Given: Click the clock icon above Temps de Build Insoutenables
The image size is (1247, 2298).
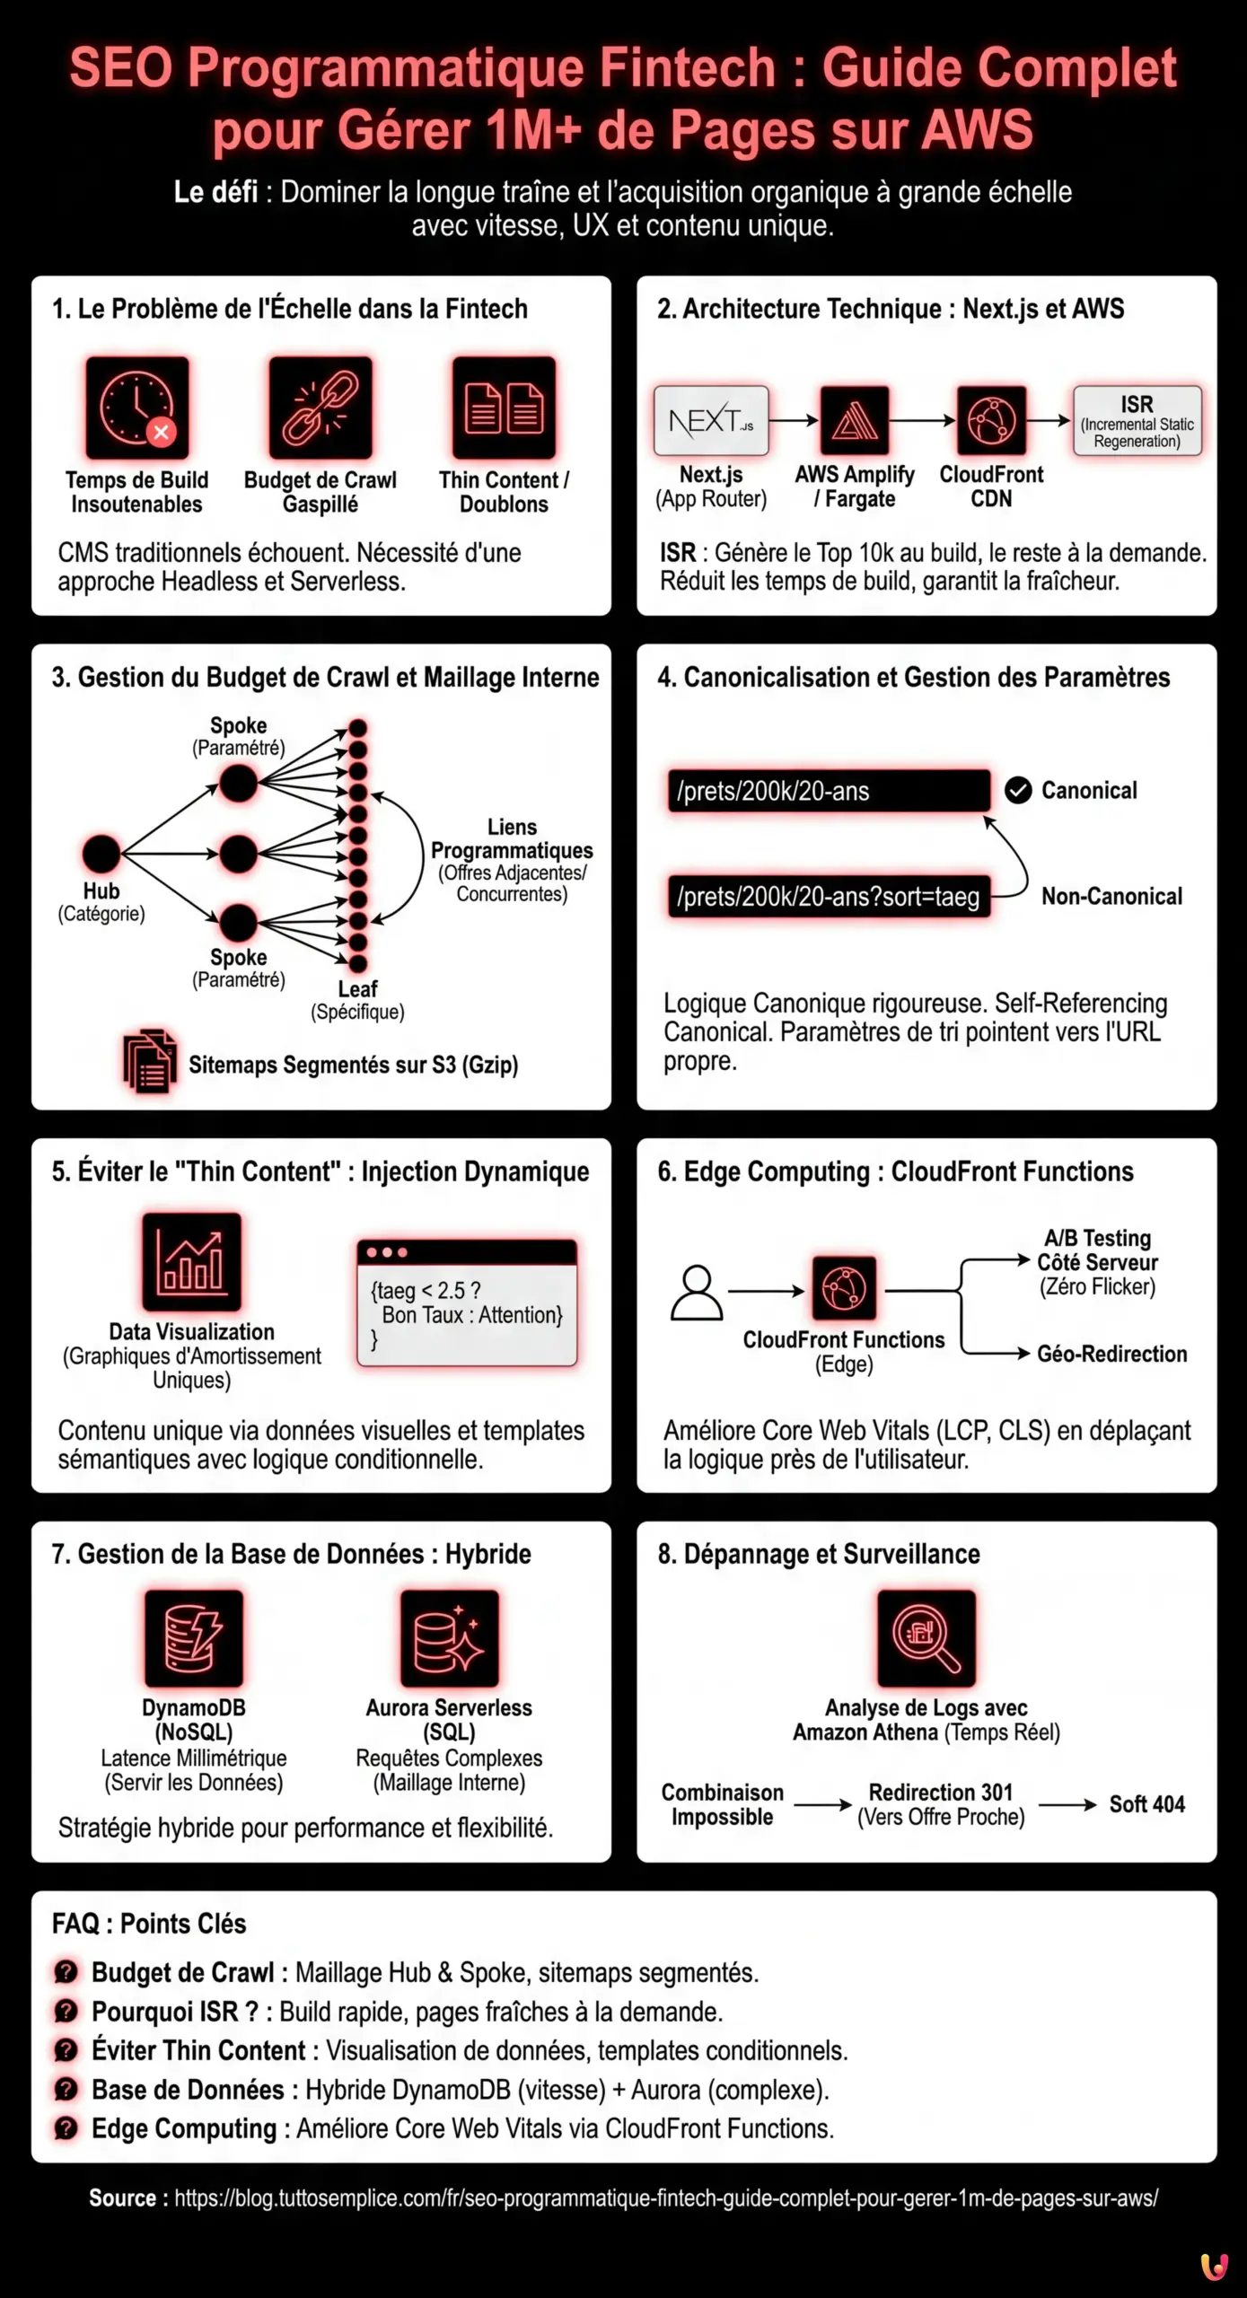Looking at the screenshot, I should click(x=137, y=408).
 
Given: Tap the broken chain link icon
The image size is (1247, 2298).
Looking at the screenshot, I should click(x=321, y=408).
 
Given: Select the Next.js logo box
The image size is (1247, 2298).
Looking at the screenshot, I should click(x=711, y=420).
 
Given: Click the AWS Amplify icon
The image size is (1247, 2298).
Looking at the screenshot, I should click(x=854, y=420).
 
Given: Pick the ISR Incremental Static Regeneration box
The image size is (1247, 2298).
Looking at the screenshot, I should click(x=1137, y=421).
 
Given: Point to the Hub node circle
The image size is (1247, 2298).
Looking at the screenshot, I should click(x=101, y=854).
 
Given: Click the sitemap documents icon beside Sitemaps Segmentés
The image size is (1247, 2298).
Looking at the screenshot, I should click(x=149, y=1062).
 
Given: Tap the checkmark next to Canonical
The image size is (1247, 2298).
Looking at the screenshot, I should click(x=1017, y=790).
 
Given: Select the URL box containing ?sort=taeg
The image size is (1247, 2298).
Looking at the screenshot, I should click(x=829, y=896).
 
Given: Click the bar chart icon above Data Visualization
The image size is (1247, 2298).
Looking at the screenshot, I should click(x=191, y=1261).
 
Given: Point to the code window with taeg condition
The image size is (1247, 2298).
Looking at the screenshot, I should click(x=467, y=1302).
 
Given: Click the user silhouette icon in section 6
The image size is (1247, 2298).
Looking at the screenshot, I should click(x=697, y=1293).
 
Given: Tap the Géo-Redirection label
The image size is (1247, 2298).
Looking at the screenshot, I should click(x=1111, y=1354).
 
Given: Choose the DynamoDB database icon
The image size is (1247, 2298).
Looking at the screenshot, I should click(x=193, y=1638).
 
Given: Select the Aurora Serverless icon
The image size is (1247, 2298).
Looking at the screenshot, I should click(x=449, y=1638).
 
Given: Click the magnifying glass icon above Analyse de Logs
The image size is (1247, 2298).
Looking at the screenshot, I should click(x=926, y=1638).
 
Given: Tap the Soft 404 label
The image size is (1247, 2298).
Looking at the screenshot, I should click(x=1146, y=1803).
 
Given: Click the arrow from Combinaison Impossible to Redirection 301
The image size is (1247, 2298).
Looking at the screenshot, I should click(x=822, y=1804).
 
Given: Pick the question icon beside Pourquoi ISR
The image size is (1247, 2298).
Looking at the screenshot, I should click(x=66, y=2012).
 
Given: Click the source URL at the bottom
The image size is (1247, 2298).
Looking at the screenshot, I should click(x=665, y=2198).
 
